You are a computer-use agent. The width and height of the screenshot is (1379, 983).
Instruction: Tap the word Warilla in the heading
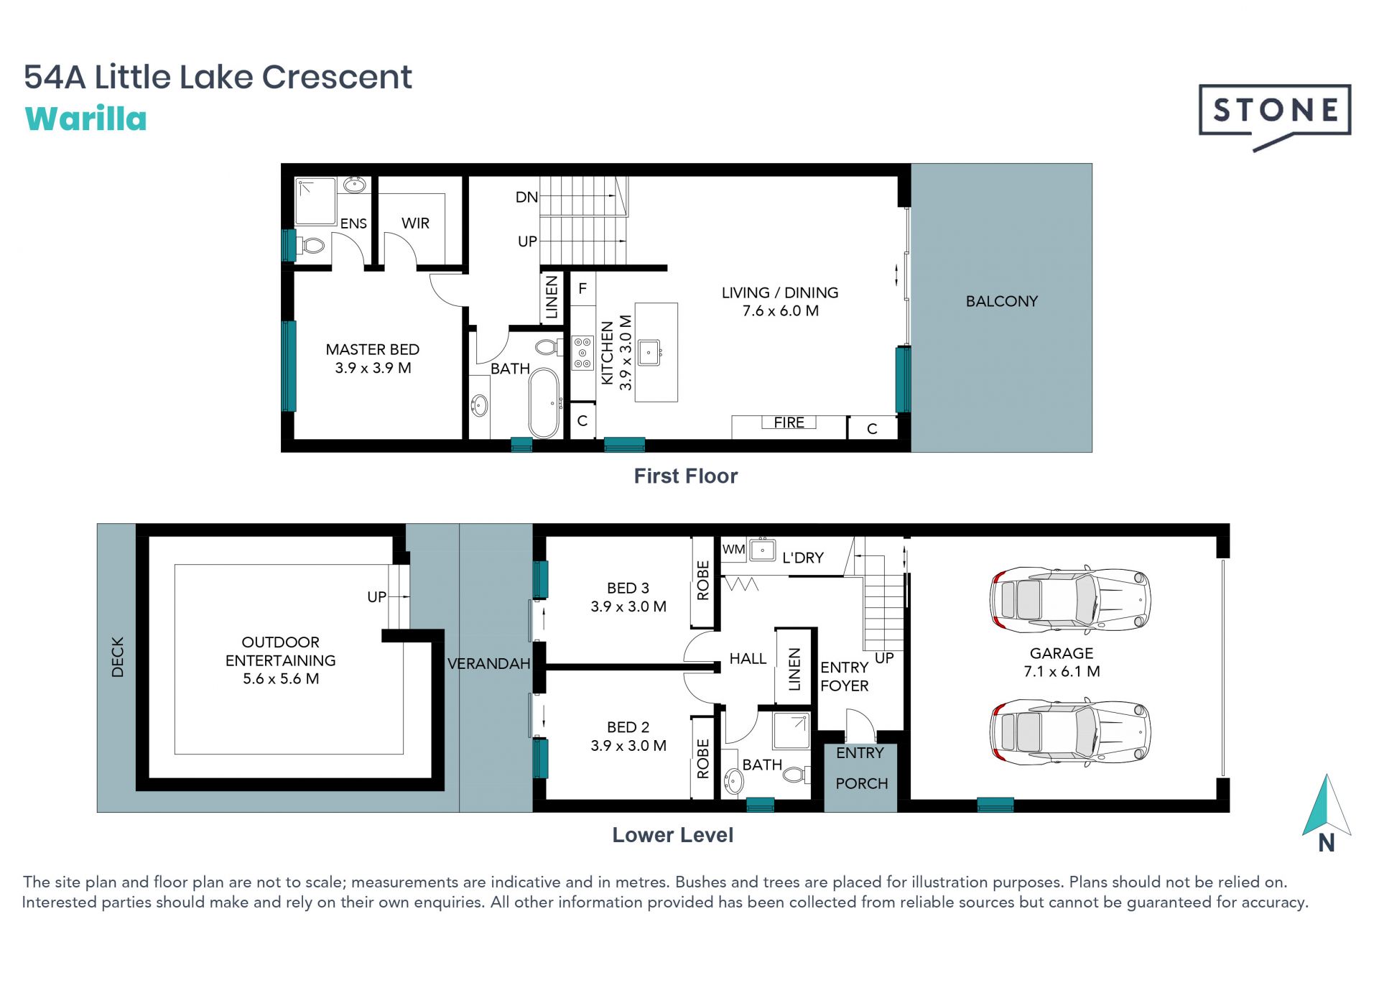click(86, 119)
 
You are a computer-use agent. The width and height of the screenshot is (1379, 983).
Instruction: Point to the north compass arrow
click(1327, 805)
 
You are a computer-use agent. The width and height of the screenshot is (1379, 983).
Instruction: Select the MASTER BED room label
click(372, 349)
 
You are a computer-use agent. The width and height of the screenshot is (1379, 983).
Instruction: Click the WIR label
click(415, 223)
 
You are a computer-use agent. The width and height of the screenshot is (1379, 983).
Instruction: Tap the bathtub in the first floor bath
click(544, 402)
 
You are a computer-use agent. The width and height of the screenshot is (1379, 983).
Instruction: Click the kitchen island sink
click(650, 352)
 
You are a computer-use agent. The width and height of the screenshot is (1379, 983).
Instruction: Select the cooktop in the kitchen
click(582, 354)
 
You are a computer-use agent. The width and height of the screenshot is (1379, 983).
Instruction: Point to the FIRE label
click(789, 423)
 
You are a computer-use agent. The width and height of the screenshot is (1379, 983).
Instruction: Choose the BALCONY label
click(1002, 301)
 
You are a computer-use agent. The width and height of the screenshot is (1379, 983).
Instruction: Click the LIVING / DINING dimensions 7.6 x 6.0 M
click(781, 311)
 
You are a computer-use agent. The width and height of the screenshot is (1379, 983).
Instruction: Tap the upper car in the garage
click(1070, 599)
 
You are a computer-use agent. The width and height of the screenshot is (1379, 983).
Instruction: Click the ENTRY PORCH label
click(861, 768)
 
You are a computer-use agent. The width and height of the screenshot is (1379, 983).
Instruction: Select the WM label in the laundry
click(733, 550)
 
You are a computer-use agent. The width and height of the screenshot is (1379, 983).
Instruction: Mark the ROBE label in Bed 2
click(703, 759)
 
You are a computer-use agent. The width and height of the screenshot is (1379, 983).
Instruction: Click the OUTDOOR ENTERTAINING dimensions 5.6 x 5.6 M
click(281, 679)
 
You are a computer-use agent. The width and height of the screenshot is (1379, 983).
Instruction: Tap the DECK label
click(118, 657)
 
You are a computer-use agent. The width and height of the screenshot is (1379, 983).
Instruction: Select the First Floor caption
click(686, 476)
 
